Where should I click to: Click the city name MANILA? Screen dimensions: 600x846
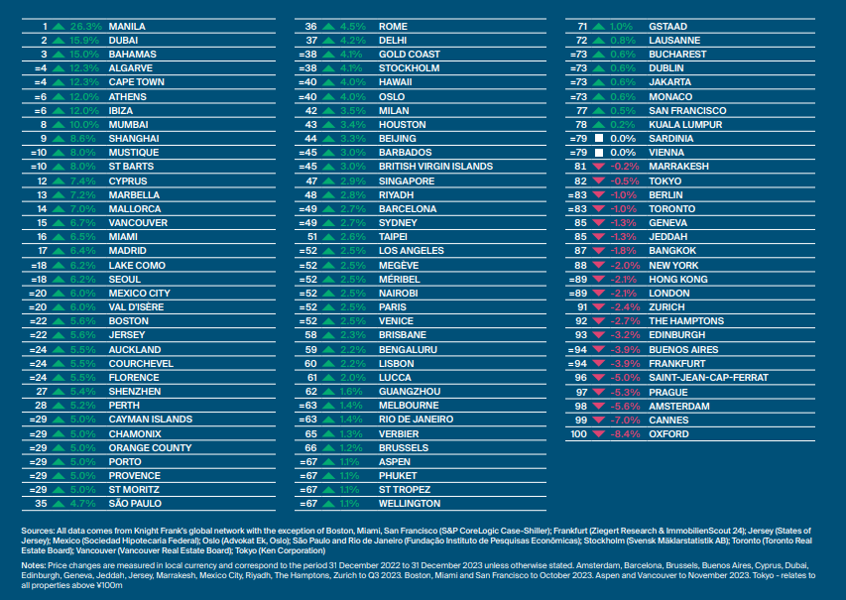(x=126, y=26)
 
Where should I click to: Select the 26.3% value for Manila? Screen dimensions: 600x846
(x=86, y=26)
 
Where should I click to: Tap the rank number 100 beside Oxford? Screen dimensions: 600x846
(x=578, y=433)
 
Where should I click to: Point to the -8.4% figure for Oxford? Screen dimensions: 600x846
(x=623, y=433)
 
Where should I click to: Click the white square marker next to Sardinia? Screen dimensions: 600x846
(x=598, y=139)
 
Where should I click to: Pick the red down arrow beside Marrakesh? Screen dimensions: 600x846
(x=598, y=167)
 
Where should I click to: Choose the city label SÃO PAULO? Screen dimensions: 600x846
(x=134, y=504)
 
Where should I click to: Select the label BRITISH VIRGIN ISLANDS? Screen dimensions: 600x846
(x=435, y=167)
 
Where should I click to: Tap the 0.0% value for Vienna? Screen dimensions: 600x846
(x=623, y=153)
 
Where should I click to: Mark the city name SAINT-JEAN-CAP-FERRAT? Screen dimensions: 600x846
(x=708, y=378)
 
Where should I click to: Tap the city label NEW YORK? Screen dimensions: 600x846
(x=674, y=266)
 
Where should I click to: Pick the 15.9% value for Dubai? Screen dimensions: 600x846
(x=86, y=40)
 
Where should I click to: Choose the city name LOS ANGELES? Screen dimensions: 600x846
(x=412, y=251)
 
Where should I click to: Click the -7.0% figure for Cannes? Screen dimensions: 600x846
(x=623, y=420)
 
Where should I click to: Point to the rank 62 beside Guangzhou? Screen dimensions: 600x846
(x=310, y=392)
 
